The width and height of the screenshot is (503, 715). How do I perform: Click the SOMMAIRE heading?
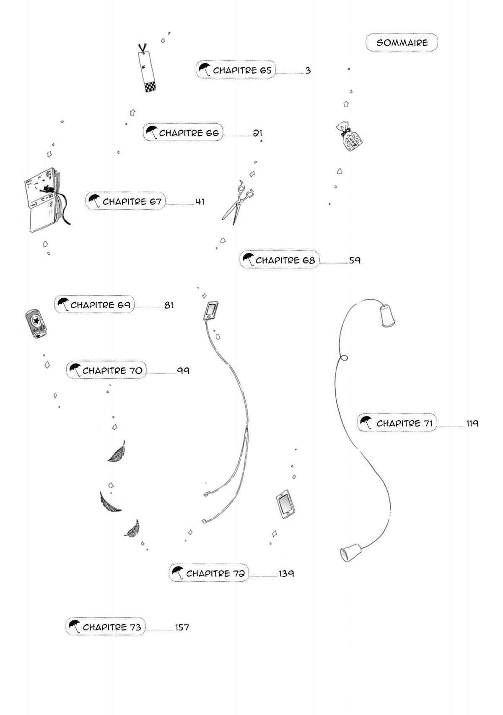point(402,43)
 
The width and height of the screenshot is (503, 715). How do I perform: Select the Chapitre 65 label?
point(242,70)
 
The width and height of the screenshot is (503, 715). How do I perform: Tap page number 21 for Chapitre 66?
point(257,133)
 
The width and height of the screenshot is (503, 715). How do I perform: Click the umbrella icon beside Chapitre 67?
point(94,201)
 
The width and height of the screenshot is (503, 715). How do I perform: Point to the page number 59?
point(355,260)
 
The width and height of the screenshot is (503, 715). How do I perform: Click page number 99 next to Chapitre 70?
point(183,371)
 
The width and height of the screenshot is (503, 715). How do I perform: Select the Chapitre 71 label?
point(404,423)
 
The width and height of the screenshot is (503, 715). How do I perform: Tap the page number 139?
point(286,573)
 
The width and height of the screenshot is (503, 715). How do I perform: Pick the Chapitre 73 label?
point(111,627)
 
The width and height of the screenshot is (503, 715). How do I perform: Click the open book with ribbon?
point(45,198)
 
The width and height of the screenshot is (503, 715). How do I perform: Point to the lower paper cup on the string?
point(349,552)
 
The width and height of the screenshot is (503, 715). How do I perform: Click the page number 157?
point(182,627)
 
